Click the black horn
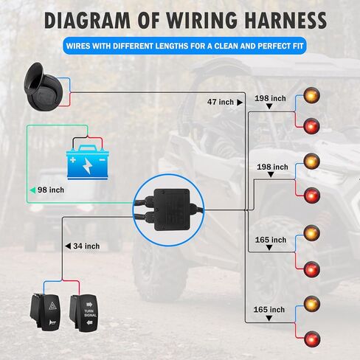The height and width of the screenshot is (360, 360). (44, 86)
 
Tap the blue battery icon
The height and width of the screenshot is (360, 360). (88, 162)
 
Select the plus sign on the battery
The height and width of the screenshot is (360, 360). (73, 160)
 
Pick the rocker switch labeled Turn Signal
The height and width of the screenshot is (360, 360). (83, 313)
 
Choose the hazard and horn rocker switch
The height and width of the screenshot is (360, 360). (46, 312)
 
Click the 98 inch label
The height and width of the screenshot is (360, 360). (51, 190)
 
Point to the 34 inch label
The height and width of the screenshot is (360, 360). (86, 246)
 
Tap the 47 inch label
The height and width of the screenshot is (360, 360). (221, 102)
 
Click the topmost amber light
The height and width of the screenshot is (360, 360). (311, 95)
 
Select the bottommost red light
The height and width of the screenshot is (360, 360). (312, 339)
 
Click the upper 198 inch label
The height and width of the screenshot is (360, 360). (270, 98)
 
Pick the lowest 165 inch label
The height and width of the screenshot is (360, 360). (269, 310)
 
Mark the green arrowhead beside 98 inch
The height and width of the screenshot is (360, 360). (32, 190)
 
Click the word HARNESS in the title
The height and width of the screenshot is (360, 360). (285, 20)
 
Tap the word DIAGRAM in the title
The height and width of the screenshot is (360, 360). (87, 20)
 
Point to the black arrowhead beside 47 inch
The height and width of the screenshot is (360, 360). (240, 103)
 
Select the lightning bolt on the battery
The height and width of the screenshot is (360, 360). (87, 166)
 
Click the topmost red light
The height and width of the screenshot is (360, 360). (312, 126)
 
